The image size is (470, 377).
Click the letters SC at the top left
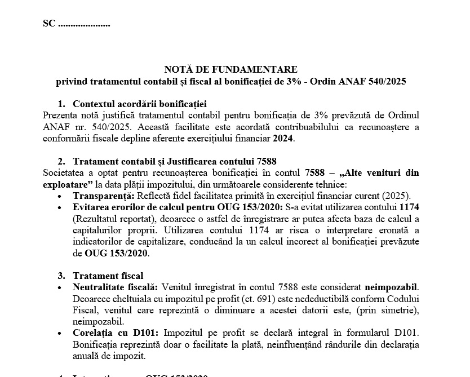coord(49,24)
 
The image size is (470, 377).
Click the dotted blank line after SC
coord(84,25)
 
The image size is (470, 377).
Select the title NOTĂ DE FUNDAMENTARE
coord(230,69)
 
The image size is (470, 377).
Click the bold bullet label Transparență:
coord(103,196)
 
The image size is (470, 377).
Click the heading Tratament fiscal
coord(108,276)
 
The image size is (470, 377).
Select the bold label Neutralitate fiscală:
coord(114,287)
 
